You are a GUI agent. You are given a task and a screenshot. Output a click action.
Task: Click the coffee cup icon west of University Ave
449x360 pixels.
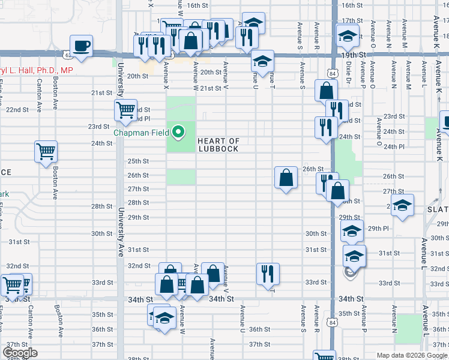[x=82, y=46]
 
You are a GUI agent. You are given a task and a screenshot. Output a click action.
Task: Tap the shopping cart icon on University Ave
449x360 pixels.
[x=126, y=110]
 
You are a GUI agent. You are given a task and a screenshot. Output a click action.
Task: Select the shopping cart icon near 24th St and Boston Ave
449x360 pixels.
[x=46, y=152]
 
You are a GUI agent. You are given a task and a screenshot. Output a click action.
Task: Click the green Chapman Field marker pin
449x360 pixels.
[x=178, y=131]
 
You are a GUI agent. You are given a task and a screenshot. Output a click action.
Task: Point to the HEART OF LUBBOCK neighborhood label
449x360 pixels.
[x=218, y=145]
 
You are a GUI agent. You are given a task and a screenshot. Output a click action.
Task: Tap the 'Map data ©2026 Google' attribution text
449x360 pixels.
[x=412, y=355]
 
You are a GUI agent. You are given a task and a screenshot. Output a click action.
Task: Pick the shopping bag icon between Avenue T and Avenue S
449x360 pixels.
[x=286, y=178]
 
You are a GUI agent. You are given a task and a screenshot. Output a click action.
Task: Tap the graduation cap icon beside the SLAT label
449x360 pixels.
[x=402, y=205]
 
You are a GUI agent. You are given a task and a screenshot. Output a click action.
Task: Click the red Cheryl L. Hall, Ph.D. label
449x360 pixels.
[x=36, y=70]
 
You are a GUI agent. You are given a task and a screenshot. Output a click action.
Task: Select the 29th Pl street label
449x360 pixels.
[x=379, y=229]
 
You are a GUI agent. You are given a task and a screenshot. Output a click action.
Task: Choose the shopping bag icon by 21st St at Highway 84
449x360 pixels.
[x=325, y=91]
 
